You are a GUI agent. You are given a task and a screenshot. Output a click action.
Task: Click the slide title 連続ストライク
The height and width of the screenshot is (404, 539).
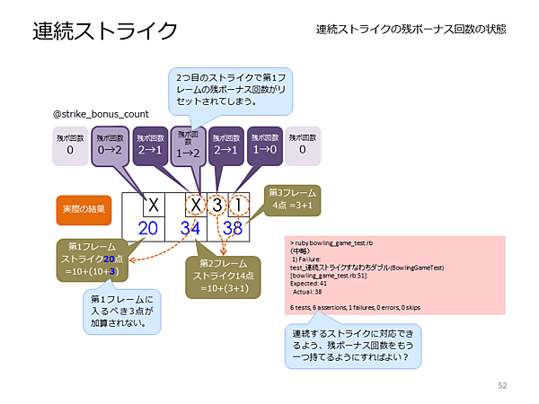(105, 31)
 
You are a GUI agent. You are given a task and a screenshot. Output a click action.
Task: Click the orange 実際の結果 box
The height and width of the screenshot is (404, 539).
(84, 208)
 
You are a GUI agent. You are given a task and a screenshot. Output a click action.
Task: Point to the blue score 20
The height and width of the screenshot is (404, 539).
(148, 228)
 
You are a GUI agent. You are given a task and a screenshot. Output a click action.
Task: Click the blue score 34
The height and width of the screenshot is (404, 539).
(190, 228)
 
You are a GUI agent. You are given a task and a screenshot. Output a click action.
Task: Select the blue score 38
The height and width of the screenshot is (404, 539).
(233, 228)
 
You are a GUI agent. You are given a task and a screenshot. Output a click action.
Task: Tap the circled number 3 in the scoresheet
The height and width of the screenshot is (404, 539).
(218, 206)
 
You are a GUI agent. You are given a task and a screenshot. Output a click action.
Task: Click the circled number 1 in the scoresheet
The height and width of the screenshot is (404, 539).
(240, 206)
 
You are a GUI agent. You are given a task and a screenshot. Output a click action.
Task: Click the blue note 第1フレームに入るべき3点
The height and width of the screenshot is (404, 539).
(122, 310)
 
